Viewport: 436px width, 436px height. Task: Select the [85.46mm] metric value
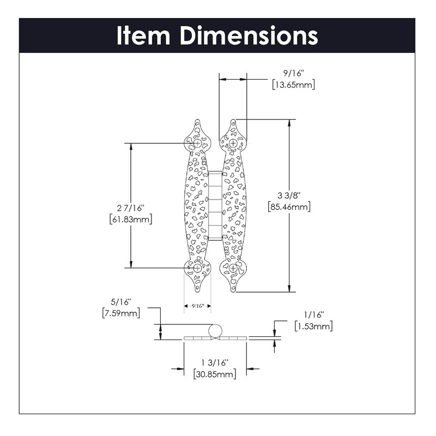pyautogui.click(x=289, y=207)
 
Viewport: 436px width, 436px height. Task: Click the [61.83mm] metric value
pyautogui.click(x=131, y=219)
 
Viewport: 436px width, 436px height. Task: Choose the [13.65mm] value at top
pyautogui.click(x=293, y=84)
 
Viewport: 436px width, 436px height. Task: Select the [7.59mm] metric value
pyautogui.click(x=121, y=313)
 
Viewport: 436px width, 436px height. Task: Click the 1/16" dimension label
pyautogui.click(x=313, y=314)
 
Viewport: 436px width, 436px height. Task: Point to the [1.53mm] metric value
pyautogui.click(x=313, y=326)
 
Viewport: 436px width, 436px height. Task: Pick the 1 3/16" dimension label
pyautogui.click(x=215, y=363)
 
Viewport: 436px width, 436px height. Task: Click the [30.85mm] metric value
pyautogui.click(x=215, y=374)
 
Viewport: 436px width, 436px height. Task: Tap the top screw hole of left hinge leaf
pyautogui.click(x=196, y=143)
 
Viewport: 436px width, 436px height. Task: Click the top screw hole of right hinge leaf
pyautogui.click(x=233, y=143)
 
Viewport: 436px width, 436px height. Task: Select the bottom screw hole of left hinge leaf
pyautogui.click(x=196, y=268)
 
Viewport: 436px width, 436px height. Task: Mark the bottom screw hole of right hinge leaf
pyautogui.click(x=233, y=268)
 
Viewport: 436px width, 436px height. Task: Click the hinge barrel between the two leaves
pyautogui.click(x=215, y=206)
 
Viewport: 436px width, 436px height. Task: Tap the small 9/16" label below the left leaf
pyautogui.click(x=197, y=306)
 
